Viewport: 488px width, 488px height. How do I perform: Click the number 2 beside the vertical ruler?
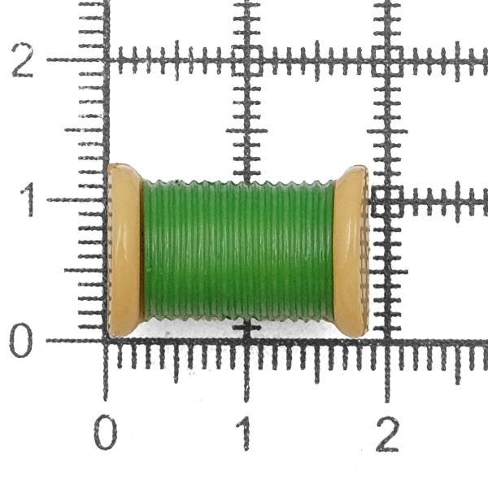tap(23, 60)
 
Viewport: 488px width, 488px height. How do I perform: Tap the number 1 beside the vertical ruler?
tap(28, 199)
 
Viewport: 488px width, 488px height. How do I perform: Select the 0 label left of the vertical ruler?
tap(21, 340)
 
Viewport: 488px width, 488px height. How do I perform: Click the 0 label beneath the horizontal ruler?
tap(106, 433)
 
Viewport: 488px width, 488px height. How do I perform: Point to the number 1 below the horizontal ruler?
tap(245, 434)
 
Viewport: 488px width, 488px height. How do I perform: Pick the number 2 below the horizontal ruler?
tap(387, 434)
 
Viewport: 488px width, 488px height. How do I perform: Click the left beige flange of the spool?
tap(124, 251)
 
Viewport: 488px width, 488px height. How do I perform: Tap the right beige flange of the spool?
tap(351, 251)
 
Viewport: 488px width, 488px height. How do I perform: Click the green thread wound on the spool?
tap(238, 251)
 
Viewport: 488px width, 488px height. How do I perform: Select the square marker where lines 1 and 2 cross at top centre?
tap(247, 60)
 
